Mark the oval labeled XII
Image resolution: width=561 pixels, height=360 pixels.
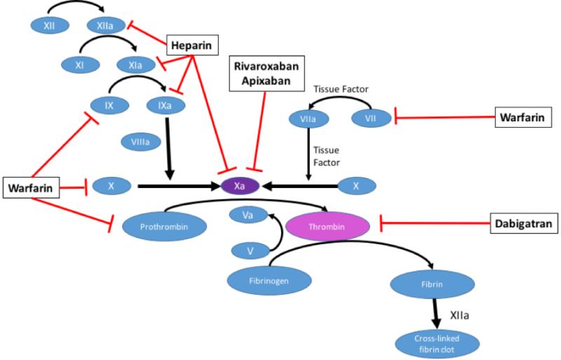(49, 25)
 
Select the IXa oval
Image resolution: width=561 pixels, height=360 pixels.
(165, 107)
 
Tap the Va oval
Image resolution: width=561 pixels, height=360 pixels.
(247, 215)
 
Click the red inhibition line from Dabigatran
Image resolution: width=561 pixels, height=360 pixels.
(435, 225)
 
